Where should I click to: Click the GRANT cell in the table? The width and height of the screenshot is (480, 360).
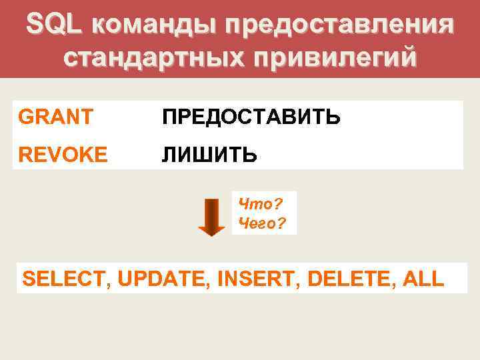click(56, 117)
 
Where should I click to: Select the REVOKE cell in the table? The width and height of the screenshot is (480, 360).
click(63, 155)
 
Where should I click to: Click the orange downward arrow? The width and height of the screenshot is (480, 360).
click(211, 217)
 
